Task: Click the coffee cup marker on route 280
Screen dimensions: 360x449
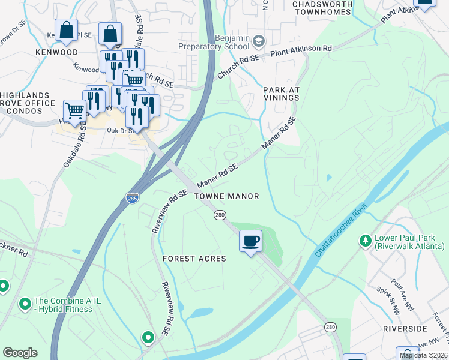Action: [x=250, y=242]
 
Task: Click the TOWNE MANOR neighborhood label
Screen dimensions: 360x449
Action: [x=226, y=196]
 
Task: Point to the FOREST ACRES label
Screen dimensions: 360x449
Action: [x=194, y=259]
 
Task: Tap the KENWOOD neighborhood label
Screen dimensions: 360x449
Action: [x=56, y=52]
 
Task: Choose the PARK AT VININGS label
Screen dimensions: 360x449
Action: [x=281, y=94]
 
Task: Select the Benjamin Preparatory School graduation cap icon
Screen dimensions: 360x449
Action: [x=259, y=41]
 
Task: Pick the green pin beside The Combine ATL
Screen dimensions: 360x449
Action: [x=25, y=305]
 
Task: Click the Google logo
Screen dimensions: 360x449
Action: [x=20, y=353]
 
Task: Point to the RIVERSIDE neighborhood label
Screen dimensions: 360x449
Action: [x=405, y=329]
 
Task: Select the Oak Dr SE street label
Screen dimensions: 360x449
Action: [x=119, y=131]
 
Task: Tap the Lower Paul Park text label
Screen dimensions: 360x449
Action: [x=409, y=242]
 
